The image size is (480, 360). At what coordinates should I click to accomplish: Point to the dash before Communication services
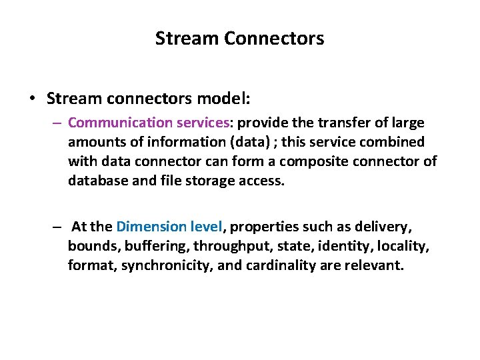point(58,123)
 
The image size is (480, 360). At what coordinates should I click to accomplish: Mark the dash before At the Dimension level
point(58,227)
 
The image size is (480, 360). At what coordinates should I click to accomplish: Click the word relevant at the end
point(377,265)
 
